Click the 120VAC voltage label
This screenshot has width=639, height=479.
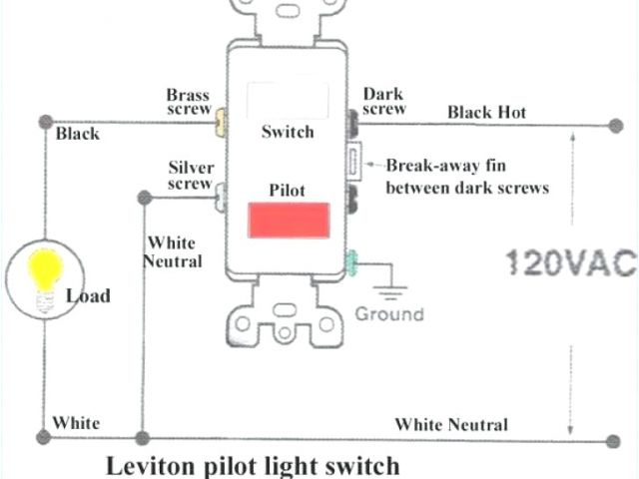570,262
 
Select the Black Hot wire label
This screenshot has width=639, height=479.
486,112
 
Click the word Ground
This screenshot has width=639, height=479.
389,313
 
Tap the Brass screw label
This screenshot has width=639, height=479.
188,102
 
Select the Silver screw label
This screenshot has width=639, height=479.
190,176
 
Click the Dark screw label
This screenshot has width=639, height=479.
383,102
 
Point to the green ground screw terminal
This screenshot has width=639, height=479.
350,264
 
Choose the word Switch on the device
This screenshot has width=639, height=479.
287,132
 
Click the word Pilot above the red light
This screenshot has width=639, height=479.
287,189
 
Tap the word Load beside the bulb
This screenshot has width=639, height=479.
88,295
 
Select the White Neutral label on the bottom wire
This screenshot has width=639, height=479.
450,425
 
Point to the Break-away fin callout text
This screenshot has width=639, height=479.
467,177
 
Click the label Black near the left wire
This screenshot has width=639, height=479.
78,133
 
